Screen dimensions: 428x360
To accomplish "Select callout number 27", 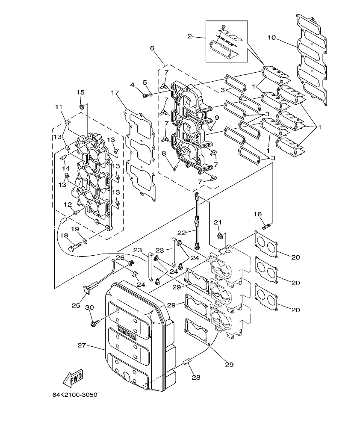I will [83, 345].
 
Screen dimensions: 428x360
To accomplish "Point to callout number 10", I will [271, 38].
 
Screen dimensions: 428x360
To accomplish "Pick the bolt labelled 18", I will [75, 247].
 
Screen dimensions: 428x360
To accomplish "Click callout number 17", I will [114, 93].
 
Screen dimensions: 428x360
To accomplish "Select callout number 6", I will [152, 48].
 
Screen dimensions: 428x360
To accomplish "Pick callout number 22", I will [182, 233].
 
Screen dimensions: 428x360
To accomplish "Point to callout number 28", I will [196, 378].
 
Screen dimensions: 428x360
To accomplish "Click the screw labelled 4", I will [145, 94].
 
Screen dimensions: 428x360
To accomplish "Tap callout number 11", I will [59, 106].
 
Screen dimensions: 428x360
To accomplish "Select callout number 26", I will [120, 257].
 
